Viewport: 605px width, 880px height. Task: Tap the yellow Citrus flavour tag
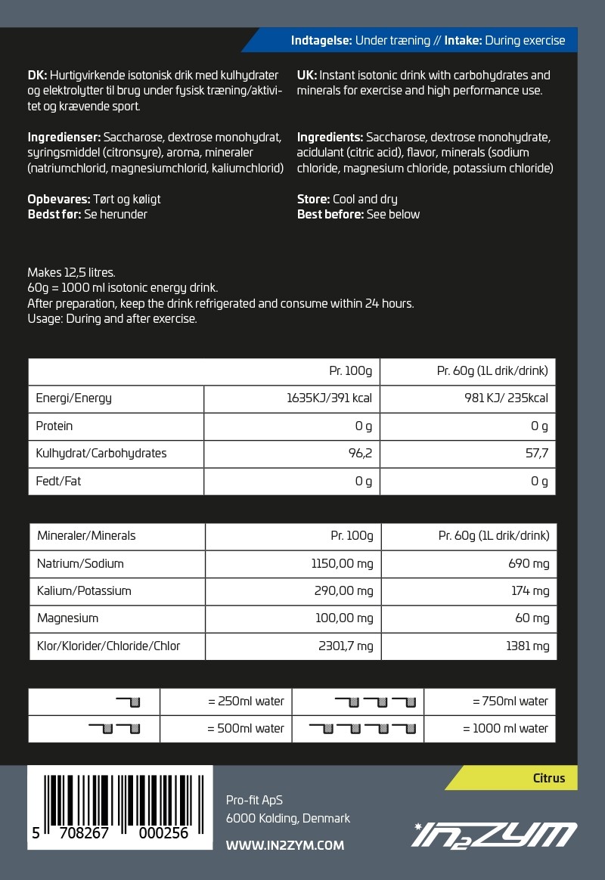pos(548,778)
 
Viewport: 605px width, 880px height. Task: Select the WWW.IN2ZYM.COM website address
pos(285,845)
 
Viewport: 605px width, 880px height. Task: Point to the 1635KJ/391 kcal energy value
pos(330,398)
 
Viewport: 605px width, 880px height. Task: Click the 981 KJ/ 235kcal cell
pos(507,398)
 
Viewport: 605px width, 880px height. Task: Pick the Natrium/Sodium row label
pos(80,563)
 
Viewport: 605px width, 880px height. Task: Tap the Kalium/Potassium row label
pos(84,590)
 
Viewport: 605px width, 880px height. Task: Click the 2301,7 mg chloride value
pos(343,646)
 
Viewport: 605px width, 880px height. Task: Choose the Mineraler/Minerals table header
pos(86,535)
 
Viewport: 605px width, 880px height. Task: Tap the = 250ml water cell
pos(246,701)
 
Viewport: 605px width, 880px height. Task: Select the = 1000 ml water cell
pos(505,728)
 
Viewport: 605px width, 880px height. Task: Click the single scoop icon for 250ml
pos(129,702)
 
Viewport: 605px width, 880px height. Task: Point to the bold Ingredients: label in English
pos(330,138)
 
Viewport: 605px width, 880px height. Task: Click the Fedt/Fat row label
pos(58,481)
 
